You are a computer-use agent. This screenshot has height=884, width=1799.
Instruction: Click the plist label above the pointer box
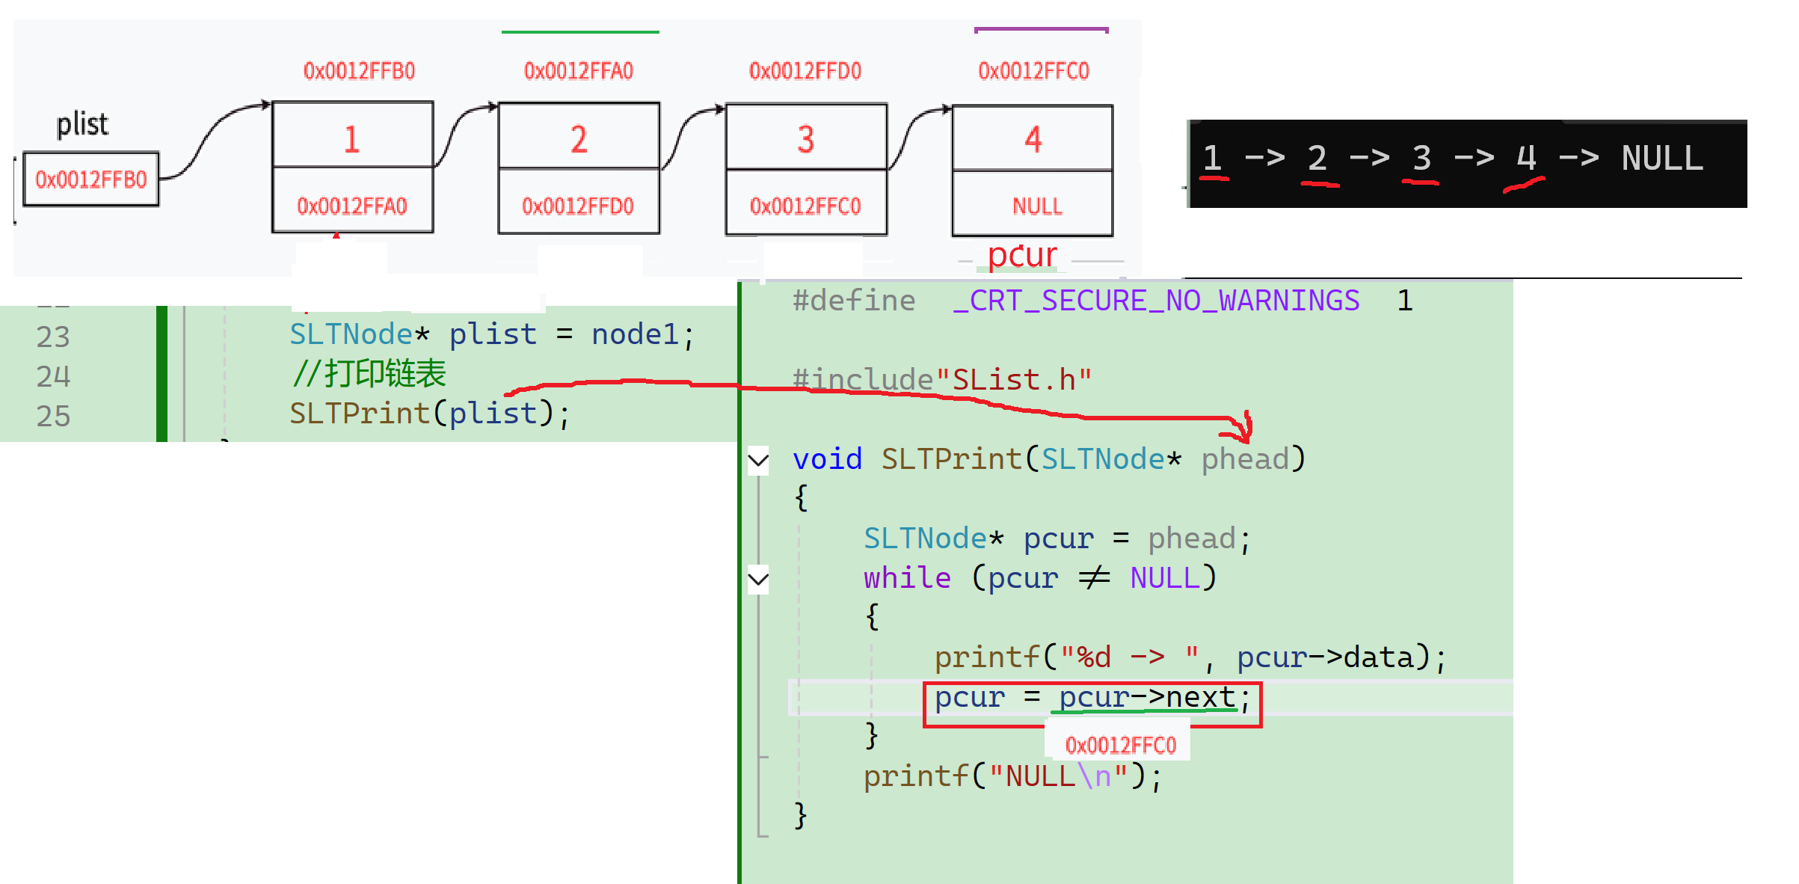coord(82,124)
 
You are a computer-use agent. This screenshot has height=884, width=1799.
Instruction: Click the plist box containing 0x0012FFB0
coord(90,179)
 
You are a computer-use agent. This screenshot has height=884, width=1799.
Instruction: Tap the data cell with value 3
coord(805,138)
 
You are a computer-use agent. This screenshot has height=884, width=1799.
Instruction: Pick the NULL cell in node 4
coord(1036,206)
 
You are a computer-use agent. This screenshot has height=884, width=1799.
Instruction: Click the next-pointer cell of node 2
coord(578,206)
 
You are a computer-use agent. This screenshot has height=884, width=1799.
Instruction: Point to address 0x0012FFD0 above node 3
coord(805,71)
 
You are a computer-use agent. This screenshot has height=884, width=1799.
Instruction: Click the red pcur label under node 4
coord(1021,256)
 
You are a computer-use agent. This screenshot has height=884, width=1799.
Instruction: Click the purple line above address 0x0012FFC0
coord(1041,30)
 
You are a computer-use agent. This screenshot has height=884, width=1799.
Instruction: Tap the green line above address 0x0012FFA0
coord(580,32)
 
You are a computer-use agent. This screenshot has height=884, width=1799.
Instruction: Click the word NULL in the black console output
coord(1661,159)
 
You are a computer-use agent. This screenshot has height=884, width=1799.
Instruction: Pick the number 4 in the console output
coord(1525,159)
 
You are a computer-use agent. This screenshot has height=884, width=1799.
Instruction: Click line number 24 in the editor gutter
coord(53,376)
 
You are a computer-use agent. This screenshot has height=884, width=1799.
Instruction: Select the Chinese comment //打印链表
coord(369,374)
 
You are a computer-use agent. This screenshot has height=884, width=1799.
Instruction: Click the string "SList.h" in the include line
coord(1013,380)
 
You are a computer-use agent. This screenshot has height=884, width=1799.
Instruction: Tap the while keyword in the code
coord(907,578)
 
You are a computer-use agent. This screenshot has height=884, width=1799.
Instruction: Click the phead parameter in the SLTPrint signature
coord(1245,459)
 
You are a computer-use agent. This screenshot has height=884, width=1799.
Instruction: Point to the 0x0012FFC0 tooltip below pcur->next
coord(1120,745)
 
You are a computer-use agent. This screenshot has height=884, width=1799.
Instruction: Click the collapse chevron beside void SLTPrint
coord(758,459)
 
